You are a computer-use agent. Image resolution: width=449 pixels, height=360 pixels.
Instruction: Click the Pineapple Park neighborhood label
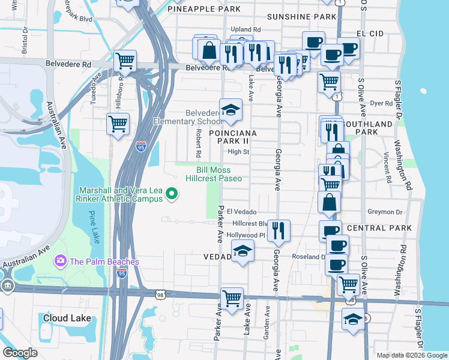pyautogui.click(x=204, y=9)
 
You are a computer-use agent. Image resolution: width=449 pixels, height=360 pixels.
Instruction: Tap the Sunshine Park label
pyautogui.click(x=301, y=17)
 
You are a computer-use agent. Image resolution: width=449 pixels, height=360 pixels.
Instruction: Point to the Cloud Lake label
pyautogui.click(x=67, y=317)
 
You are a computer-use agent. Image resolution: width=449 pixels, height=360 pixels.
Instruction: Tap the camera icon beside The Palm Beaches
pyautogui.click(x=60, y=262)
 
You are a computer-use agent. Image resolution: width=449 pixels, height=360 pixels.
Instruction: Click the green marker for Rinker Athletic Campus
pyautogui.click(x=172, y=193)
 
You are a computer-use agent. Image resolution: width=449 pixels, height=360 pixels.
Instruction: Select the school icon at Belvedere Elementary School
pyautogui.click(x=231, y=110)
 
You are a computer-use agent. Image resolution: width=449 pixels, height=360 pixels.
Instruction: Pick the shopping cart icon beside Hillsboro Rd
pyautogui.click(x=118, y=124)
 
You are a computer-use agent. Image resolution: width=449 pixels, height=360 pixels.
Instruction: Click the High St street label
pyautogui.click(x=238, y=152)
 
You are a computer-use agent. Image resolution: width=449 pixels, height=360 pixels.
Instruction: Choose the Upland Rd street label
pyautogui.click(x=246, y=29)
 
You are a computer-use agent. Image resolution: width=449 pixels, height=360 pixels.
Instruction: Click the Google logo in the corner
pyautogui.click(x=20, y=353)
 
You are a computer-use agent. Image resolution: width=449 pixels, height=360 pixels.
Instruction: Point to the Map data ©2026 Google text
pyautogui.click(x=411, y=355)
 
